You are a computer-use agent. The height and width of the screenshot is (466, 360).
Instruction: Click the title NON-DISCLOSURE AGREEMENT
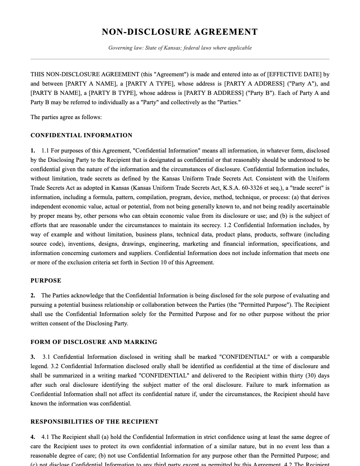pyautogui.click(x=180, y=32)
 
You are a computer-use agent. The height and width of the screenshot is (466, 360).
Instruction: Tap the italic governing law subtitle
pyautogui.click(x=180, y=48)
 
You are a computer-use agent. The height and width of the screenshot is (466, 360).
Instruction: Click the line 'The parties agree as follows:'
pyautogui.click(x=66, y=117)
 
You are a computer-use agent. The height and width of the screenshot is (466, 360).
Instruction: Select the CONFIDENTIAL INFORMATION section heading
pyautogui.click(x=81, y=136)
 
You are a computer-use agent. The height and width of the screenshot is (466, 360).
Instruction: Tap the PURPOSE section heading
pyautogui.click(x=46, y=281)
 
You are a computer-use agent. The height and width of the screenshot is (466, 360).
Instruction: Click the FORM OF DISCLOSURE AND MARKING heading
pyautogui.click(x=94, y=342)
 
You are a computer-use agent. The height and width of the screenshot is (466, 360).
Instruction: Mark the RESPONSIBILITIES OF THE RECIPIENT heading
pyautogui.click(x=94, y=422)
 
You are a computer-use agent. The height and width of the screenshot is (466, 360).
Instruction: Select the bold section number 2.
pyautogui.click(x=33, y=296)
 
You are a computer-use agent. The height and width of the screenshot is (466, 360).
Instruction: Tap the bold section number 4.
pyautogui.click(x=33, y=437)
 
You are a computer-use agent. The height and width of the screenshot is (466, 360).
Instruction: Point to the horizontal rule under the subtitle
pyautogui.click(x=180, y=59)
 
